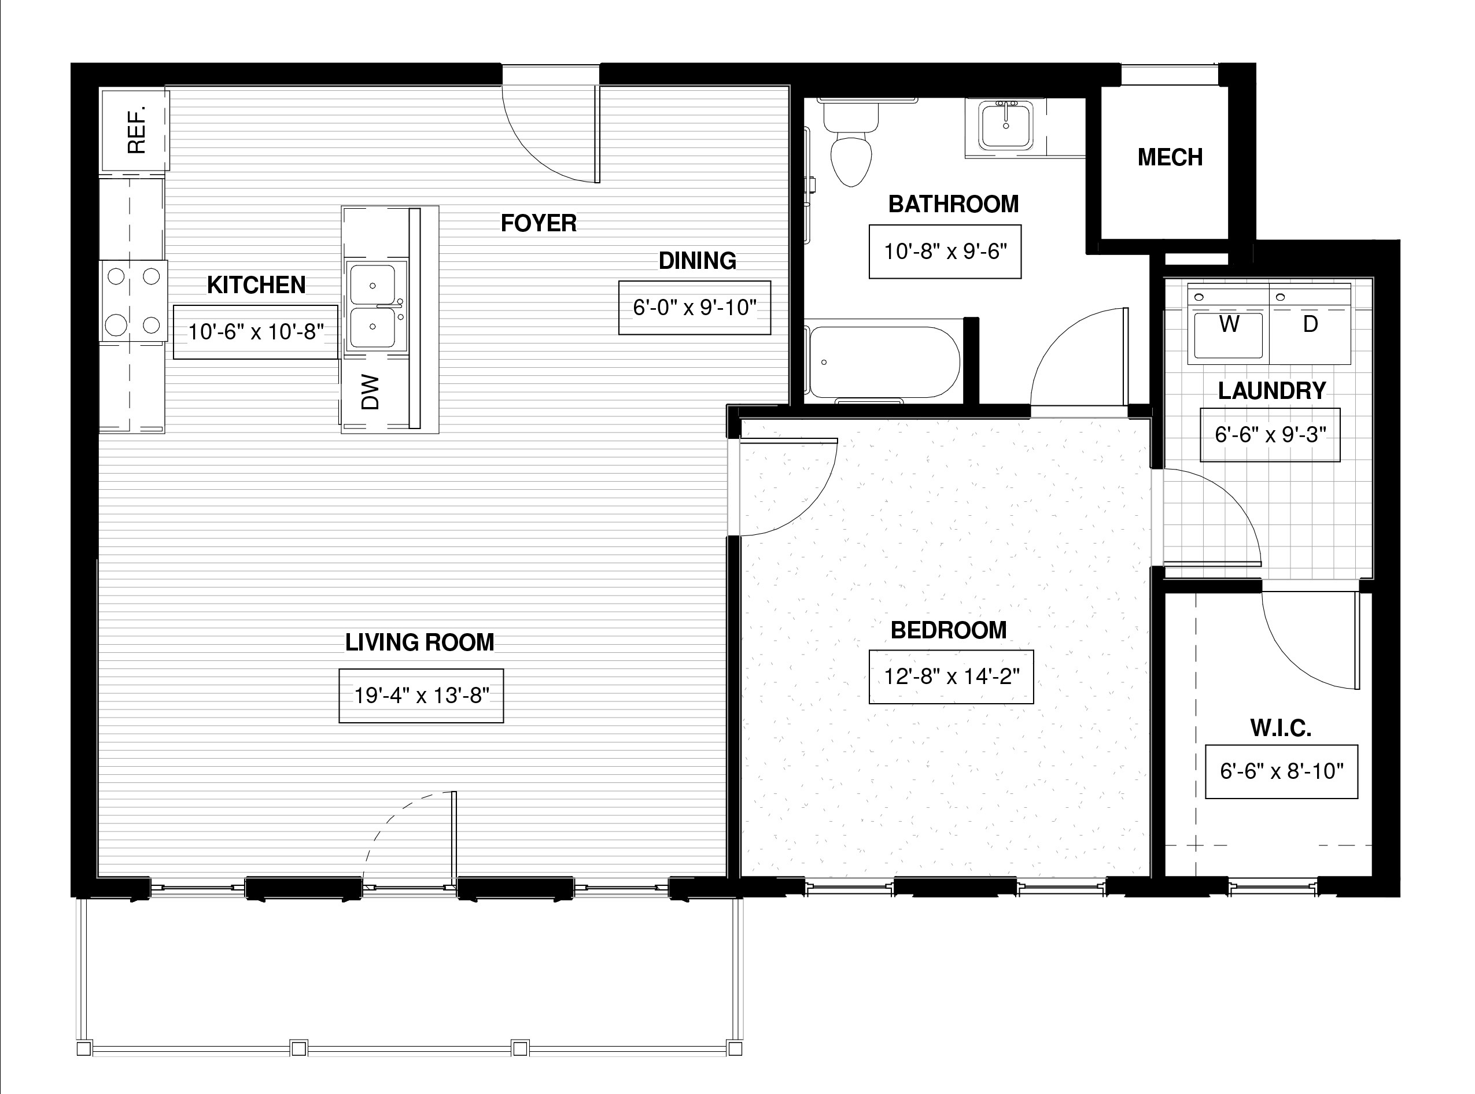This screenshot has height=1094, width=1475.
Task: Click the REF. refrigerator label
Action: pos(137,129)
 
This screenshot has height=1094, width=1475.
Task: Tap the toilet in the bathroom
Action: pos(851,143)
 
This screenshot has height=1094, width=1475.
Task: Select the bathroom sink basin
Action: pos(1005,127)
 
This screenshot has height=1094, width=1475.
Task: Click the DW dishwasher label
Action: pos(370,392)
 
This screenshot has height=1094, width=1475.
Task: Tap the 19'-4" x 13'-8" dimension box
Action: pos(421,696)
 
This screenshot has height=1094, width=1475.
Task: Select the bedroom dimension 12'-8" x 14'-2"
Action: pos(951,676)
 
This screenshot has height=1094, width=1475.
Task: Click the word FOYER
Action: pos(539,223)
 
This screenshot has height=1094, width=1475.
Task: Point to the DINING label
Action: pos(698,261)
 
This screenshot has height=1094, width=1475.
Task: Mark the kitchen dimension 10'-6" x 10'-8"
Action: pos(256,332)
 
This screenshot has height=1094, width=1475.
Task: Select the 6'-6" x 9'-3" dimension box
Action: pos(1270,434)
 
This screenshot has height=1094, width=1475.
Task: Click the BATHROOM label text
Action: pos(954,204)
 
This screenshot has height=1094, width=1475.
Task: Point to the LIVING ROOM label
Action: pos(420,642)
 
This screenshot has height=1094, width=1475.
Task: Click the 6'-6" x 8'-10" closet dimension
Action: pos(1282,771)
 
